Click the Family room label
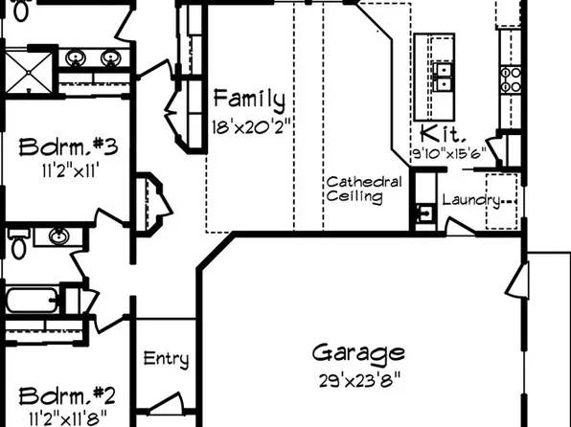click(x=249, y=99)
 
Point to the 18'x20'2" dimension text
click(x=249, y=124)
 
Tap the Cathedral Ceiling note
click(x=355, y=190)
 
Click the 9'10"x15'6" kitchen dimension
click(x=448, y=152)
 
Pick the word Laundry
click(x=470, y=200)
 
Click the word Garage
click(x=358, y=353)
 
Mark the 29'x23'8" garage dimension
click(x=358, y=379)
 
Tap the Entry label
click(x=166, y=360)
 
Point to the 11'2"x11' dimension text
click(x=68, y=171)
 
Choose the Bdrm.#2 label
click(x=68, y=394)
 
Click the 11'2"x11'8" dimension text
click(x=68, y=417)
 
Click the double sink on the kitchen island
click(x=443, y=75)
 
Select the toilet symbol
click(x=18, y=245)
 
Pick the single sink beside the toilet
click(x=58, y=236)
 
